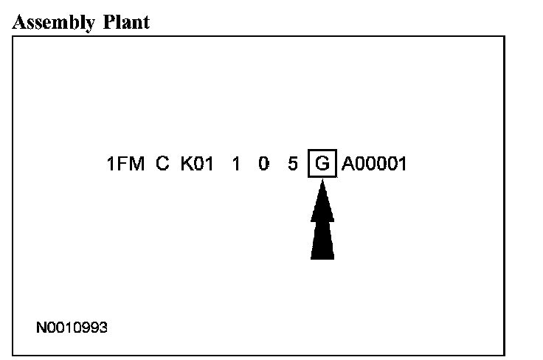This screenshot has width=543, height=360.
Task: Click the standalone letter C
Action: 163,163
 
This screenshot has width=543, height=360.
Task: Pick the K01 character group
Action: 197,163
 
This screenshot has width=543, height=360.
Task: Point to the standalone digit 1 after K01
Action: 236,163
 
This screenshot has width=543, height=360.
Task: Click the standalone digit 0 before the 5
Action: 263,163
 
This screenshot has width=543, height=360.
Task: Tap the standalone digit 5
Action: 294,163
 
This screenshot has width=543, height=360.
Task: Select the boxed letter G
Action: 322,163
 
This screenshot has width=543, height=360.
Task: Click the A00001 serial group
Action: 374,163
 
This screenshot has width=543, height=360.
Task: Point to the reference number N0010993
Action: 72,326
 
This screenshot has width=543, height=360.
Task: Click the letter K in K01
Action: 185,163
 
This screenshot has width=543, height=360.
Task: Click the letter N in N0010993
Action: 41,326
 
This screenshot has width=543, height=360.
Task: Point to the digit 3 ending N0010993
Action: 103,326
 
